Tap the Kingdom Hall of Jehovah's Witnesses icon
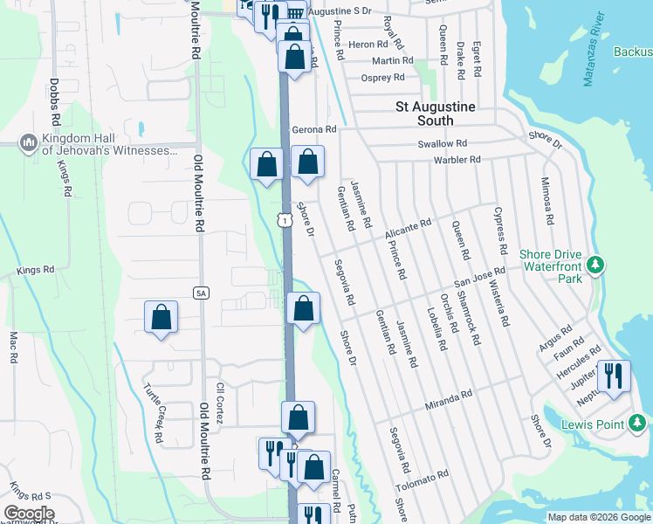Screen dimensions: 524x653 point(27,142)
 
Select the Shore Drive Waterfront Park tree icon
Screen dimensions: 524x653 point(595,264)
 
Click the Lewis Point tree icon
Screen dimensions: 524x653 point(639,425)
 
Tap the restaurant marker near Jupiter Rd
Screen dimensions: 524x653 point(614,376)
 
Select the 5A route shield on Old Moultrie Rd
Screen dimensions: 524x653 point(201,293)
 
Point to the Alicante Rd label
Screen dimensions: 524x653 point(409,229)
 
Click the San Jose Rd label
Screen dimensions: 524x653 point(479,279)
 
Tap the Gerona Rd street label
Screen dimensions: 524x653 point(313,129)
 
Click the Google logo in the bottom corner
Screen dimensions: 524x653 point(28,514)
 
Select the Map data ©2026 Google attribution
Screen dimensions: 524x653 point(598,517)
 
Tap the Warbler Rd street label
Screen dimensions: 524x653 point(457,160)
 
